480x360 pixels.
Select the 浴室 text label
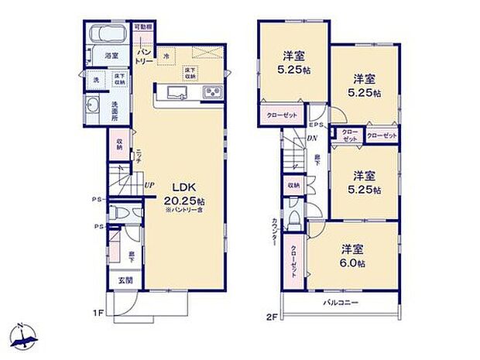111,56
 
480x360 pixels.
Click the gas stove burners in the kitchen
211,94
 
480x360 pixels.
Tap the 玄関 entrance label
125,280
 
